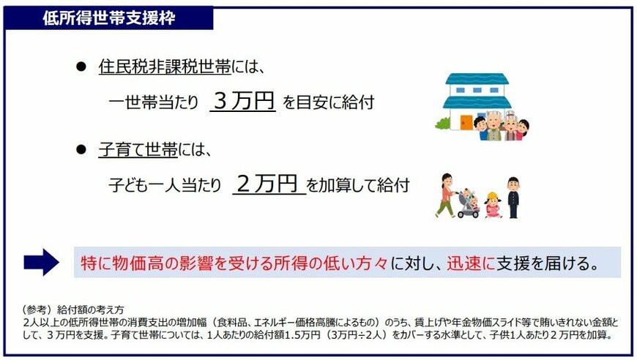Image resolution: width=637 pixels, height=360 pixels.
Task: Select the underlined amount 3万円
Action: coord(243,100)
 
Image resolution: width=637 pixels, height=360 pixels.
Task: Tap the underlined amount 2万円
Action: coord(268,184)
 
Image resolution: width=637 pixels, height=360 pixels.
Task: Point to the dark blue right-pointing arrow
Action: coord(41,262)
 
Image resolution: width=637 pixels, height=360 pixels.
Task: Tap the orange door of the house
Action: coord(466,121)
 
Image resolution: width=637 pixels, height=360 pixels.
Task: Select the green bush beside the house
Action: coord(443,123)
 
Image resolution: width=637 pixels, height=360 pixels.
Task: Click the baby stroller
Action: coord(469,204)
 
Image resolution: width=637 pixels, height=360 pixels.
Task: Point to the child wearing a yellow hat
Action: coord(491,204)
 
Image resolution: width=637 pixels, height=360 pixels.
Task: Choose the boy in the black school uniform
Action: coord(513,196)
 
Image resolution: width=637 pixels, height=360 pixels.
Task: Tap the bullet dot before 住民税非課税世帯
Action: coord(81,67)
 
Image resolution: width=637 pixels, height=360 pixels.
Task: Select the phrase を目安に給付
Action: coord(328,102)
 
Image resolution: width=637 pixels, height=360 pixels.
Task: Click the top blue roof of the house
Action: coord(477,79)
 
